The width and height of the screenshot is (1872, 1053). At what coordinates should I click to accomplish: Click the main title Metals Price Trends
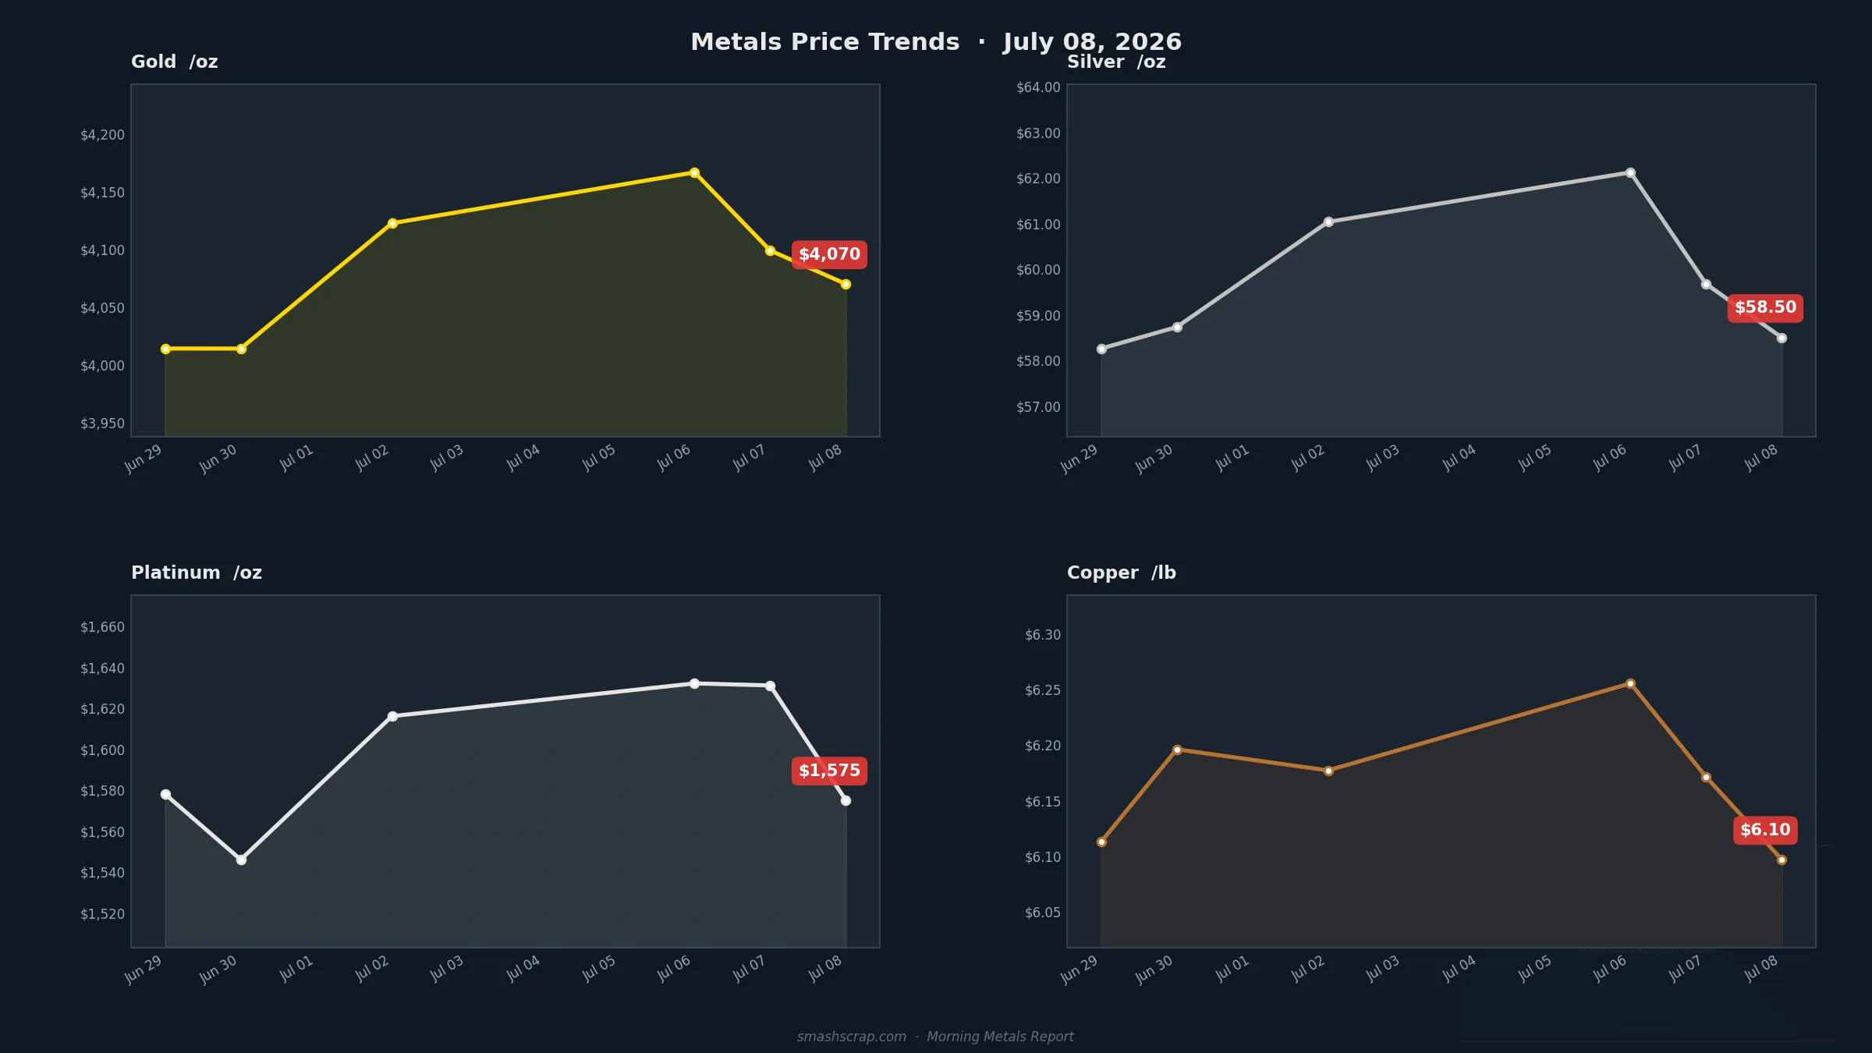point(825,42)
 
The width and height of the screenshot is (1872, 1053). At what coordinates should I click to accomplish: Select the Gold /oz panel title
point(175,62)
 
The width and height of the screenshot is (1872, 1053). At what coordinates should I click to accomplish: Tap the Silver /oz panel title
point(1116,62)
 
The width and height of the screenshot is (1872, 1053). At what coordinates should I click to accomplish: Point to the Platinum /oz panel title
point(197,573)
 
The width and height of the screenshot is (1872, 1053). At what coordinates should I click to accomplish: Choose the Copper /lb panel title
point(1122,573)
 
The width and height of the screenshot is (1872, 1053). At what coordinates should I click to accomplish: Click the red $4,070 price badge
point(829,254)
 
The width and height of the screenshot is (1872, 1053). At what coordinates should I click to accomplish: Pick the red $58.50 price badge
point(1765,308)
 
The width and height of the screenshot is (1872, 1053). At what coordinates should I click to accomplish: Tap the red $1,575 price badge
point(829,771)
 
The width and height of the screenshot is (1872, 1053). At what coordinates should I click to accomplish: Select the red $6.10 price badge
point(1765,830)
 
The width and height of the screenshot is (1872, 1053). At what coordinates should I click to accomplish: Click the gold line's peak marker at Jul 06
point(694,172)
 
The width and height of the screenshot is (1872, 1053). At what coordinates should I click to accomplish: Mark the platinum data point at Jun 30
point(241,860)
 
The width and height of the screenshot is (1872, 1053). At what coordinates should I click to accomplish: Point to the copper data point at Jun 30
point(1177,750)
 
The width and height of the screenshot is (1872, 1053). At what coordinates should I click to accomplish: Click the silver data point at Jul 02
point(1328,222)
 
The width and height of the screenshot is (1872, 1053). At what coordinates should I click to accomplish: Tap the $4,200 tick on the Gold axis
point(102,135)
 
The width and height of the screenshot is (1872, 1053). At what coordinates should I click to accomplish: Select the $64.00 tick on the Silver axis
point(1038,87)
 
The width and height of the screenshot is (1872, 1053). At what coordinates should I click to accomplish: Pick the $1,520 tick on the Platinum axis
point(102,914)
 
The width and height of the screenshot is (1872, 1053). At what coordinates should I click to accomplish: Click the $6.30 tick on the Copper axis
point(1043,635)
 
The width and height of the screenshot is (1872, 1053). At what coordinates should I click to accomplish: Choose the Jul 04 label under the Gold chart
point(523,457)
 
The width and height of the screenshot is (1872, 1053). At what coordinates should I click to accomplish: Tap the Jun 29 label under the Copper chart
point(1079,970)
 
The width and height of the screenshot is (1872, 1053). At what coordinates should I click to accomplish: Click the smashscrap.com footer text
point(851,1037)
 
